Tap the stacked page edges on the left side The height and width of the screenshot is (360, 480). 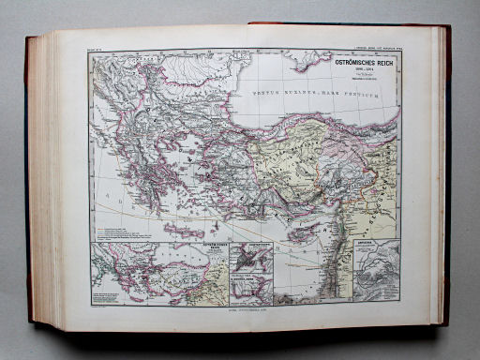(42, 178)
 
